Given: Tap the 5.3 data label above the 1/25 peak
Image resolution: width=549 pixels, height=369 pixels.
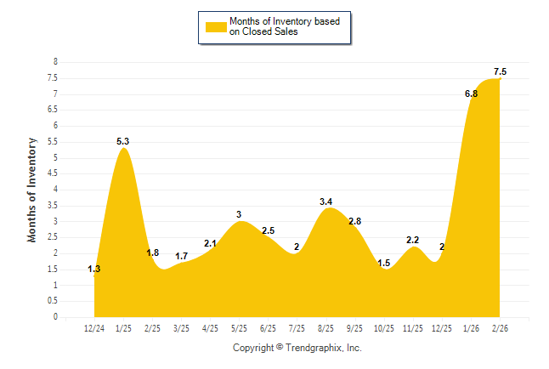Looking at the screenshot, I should pos(123,141).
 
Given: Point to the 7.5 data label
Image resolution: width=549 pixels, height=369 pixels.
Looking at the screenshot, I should pos(501,71).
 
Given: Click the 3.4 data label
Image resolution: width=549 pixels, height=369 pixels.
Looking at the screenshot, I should pos(326,202).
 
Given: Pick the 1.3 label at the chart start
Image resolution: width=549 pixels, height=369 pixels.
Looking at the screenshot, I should pos(94,270).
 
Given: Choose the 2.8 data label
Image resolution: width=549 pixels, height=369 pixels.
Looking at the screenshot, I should pos(355,221).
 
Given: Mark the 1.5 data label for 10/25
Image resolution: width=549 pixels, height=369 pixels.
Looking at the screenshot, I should pos(384,263).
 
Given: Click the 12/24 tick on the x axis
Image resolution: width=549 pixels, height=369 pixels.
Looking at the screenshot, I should pos(95,327).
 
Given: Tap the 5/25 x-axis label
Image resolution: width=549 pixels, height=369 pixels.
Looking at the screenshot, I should pos(240,327).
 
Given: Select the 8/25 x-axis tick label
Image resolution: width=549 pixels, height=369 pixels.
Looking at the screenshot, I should pos(326,327).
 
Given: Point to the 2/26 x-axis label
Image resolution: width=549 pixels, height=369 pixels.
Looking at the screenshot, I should pos(500,327).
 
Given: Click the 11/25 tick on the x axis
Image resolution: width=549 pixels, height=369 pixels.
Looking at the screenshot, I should pos(413,327).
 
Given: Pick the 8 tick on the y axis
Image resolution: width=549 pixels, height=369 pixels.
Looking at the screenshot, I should pos(55,62).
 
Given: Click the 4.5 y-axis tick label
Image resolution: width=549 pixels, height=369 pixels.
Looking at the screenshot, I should pos(53,173).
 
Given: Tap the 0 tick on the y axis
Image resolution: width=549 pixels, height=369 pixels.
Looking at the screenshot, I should pos(55,317).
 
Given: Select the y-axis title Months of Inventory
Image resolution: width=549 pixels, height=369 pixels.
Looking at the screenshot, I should pos(32,190).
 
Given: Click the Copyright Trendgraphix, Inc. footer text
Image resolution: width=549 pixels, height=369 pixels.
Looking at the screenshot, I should pos(297,349).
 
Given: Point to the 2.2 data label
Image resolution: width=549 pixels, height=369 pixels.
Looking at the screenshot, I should pos(413,241).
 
